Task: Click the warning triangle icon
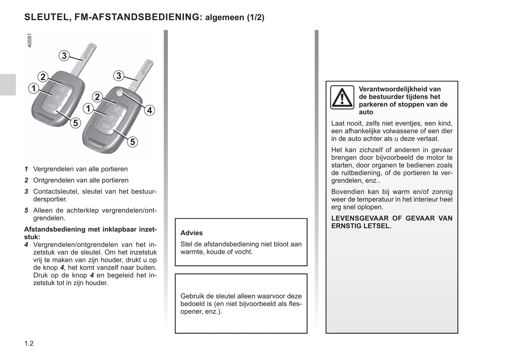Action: coord(342,97)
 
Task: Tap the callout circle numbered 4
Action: coord(150,110)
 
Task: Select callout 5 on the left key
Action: coord(75,123)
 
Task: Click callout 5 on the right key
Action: coord(132,142)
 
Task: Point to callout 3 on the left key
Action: coord(64,55)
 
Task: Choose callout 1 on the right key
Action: coord(88,108)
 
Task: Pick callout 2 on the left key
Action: coord(43,77)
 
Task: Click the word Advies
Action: coord(191,233)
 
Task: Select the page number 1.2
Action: coord(29,344)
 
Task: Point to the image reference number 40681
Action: coord(29,40)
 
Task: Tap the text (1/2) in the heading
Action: coord(255,18)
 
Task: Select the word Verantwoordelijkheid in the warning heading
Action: coord(400,89)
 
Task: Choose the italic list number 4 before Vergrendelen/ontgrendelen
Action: coord(26,245)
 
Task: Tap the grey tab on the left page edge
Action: coord(8,85)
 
